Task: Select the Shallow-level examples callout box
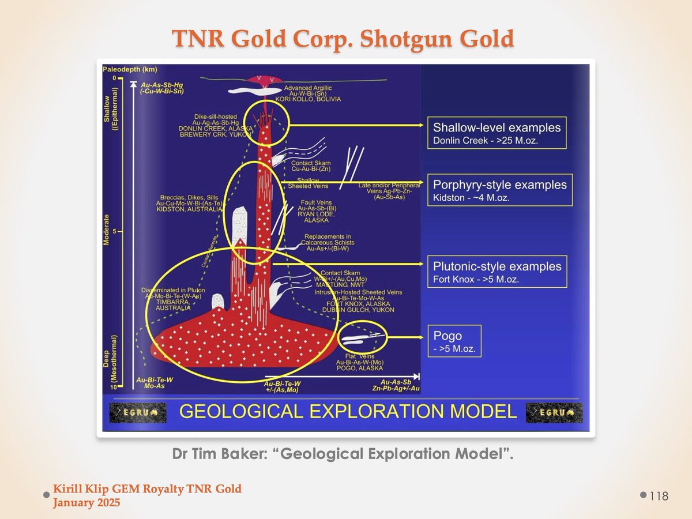tap(497, 133)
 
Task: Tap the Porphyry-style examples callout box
tap(499, 190)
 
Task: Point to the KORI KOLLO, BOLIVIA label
tap(313, 99)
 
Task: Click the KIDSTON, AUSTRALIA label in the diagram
tap(189, 210)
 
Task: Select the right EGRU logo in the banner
tap(554, 412)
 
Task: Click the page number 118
tap(659, 496)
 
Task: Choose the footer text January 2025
tap(86, 503)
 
